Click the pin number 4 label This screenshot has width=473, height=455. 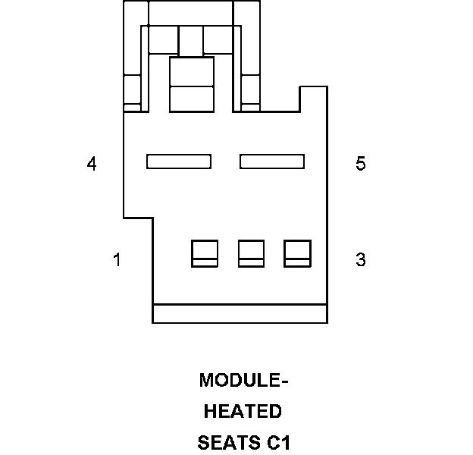coord(92,164)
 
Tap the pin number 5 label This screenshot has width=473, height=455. coord(361,164)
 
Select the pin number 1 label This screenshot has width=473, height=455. coord(117,260)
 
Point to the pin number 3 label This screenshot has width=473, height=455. coord(361,260)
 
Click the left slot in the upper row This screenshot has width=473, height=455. coord(179,161)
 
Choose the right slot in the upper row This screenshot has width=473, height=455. coord(272,161)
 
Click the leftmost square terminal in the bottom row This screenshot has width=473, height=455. coord(204,253)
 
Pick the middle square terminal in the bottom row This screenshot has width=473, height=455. coord(251,253)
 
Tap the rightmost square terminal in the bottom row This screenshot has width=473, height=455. coord(297,253)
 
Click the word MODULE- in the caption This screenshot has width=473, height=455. coord(244,380)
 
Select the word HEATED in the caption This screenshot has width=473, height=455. coord(243,412)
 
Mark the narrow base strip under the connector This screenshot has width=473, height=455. coord(240,313)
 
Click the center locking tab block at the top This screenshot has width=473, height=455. coord(192,84)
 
